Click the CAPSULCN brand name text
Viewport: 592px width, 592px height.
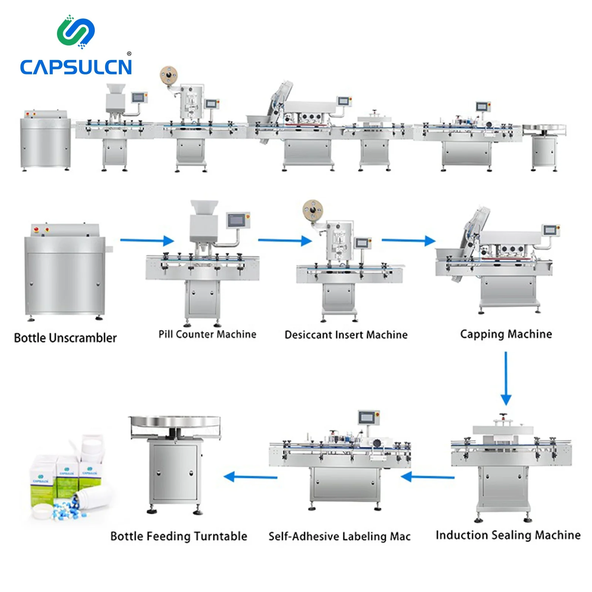pos(76,67)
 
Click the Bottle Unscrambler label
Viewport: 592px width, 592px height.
pos(65,338)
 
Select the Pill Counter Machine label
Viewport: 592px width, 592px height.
pos(207,334)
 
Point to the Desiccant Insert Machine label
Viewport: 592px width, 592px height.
pos(346,335)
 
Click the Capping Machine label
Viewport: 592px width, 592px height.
pos(506,334)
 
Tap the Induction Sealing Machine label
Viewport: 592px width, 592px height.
pos(508,535)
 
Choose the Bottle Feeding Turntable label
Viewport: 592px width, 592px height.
pos(179,536)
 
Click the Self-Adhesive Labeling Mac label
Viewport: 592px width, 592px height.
pos(339,536)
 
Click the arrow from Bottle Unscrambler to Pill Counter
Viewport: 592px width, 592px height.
pos(147,240)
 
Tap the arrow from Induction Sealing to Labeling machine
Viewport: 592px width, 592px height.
pos(428,477)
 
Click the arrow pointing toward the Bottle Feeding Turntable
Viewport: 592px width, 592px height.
pos(250,477)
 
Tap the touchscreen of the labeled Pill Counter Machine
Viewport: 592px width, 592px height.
pos(236,221)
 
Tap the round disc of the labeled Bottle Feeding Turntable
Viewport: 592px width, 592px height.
pos(175,422)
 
